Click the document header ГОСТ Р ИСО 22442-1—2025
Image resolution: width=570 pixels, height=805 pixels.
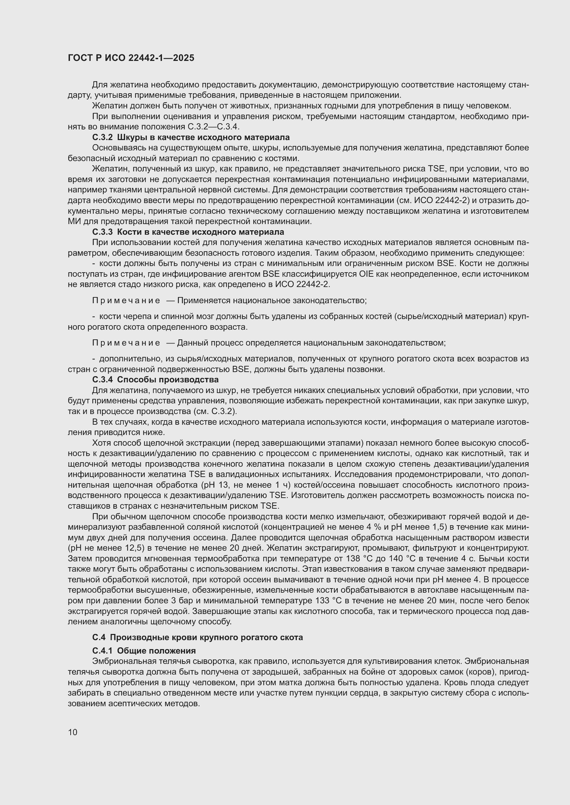131,58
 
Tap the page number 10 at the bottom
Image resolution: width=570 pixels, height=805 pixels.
73,732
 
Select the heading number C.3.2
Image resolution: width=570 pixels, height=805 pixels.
102,137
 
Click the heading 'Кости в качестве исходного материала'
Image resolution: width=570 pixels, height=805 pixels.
201,232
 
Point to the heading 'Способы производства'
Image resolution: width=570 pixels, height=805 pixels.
168,379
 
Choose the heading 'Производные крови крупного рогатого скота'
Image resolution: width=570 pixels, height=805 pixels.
206,637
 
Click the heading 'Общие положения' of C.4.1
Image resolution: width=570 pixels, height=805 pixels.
156,651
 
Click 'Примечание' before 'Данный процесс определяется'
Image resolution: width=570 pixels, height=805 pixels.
126,342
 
